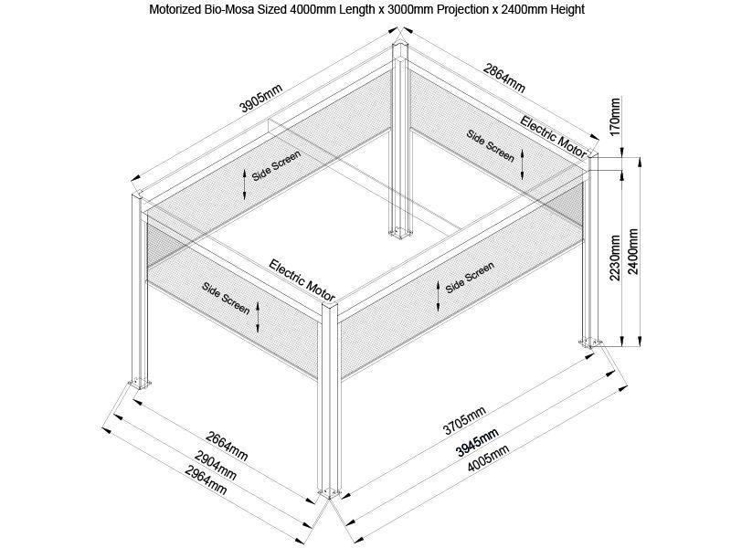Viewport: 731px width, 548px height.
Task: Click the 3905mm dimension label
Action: pyautogui.click(x=260, y=98)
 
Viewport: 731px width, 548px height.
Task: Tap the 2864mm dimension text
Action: pyautogui.click(x=503, y=79)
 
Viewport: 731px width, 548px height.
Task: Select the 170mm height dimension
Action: pyautogui.click(x=615, y=117)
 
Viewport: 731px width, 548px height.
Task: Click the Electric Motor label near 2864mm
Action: pyautogui.click(x=554, y=135)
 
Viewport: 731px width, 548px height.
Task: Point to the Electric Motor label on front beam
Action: pyautogui.click(x=303, y=280)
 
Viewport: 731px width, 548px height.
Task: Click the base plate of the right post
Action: pyautogui.click(x=590, y=342)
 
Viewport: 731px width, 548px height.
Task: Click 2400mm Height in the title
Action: pyautogui.click(x=541, y=10)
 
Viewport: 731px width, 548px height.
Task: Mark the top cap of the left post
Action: pyautogui.click(x=138, y=195)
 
